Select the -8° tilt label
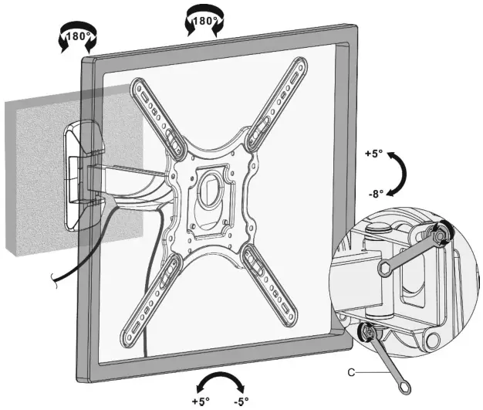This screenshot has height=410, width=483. pos(375,195)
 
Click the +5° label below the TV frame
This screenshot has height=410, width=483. pos(201,402)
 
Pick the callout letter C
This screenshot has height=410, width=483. pos(350,373)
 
